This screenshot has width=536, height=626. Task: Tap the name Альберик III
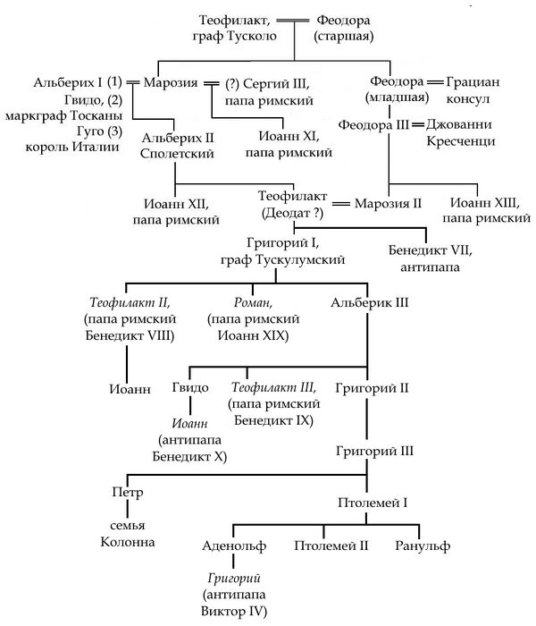(x=370, y=303)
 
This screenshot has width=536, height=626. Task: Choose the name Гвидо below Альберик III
(x=190, y=387)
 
